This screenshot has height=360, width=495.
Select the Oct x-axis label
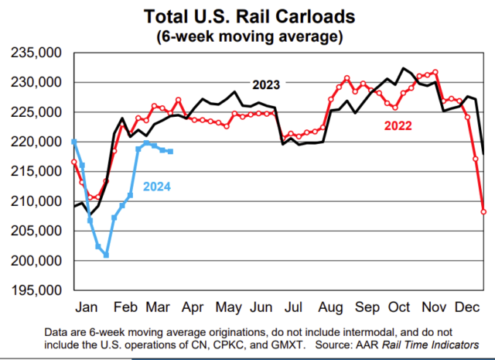[x=399, y=304]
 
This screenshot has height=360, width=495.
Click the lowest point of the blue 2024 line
[x=106, y=255]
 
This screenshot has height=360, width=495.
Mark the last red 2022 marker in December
[x=483, y=211]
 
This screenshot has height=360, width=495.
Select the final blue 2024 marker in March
[x=170, y=152]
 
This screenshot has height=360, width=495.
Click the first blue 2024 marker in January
[x=73, y=142]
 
